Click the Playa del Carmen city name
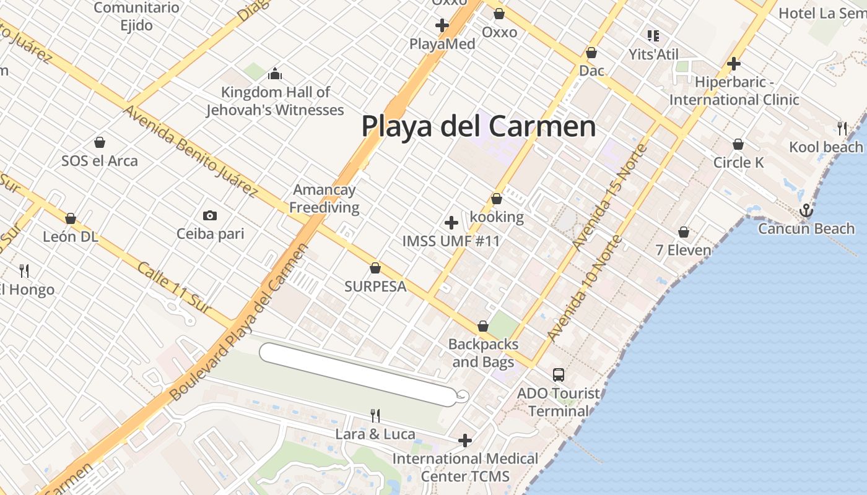point(478,126)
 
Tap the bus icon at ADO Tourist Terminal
point(558,374)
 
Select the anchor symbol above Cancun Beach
point(806,211)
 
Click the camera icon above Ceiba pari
point(210,215)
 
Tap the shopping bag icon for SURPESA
point(375,268)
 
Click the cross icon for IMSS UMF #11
point(451,222)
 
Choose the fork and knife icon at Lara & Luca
point(375,415)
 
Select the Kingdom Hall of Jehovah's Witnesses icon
point(275,74)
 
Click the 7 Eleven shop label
point(684,250)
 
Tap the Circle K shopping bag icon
point(738,144)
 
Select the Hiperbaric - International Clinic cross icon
point(734,63)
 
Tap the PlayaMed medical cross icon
point(442,25)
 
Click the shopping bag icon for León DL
point(71,218)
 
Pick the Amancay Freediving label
point(324,198)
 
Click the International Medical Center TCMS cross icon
point(465,440)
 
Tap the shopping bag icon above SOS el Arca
point(100,142)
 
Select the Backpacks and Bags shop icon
point(483,326)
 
